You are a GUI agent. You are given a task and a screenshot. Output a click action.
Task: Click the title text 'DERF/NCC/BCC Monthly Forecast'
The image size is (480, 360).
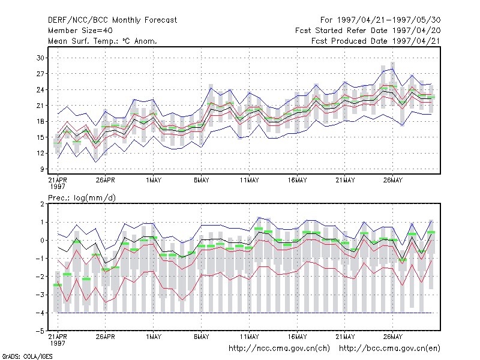pyautogui.click(x=112, y=20)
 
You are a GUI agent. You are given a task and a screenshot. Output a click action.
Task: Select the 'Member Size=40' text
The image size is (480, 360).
pyautogui.click(x=80, y=31)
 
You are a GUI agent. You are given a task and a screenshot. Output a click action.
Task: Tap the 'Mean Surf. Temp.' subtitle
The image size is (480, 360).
pyautogui.click(x=102, y=41)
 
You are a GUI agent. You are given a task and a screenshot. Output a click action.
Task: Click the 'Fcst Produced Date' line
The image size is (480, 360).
pyautogui.click(x=376, y=41)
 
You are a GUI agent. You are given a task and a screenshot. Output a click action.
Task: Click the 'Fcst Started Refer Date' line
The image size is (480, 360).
pyautogui.click(x=368, y=31)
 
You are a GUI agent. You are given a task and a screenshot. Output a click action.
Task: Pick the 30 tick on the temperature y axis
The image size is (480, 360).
pyautogui.click(x=40, y=58)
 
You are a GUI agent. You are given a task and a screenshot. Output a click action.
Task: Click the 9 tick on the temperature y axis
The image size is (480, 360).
pyautogui.click(x=42, y=169)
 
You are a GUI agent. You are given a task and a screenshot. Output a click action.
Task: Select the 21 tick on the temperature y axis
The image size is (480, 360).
pyautogui.click(x=40, y=106)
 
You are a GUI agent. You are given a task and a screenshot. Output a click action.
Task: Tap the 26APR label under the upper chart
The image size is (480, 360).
pyautogui.click(x=106, y=180)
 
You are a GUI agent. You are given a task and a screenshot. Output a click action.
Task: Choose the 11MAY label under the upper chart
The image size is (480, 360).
pyautogui.click(x=249, y=180)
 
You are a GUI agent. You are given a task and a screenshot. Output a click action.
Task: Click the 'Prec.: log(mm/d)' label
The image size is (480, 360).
pyautogui.click(x=82, y=198)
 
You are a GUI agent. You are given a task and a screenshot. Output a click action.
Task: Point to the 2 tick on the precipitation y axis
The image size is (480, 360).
pyautogui.click(x=42, y=204)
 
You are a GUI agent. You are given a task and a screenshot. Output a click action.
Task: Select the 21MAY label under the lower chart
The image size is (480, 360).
pyautogui.click(x=345, y=337)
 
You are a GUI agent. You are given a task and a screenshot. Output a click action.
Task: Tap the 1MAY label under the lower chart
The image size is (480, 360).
pyautogui.click(x=154, y=337)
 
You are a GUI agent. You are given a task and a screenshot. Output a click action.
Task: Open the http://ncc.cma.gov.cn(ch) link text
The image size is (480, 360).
pyautogui.click(x=279, y=349)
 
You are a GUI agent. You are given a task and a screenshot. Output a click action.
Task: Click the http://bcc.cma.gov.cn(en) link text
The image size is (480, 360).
pyautogui.click(x=389, y=349)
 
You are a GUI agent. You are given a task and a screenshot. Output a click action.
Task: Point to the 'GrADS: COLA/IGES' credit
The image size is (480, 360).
pyautogui.click(x=27, y=356)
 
